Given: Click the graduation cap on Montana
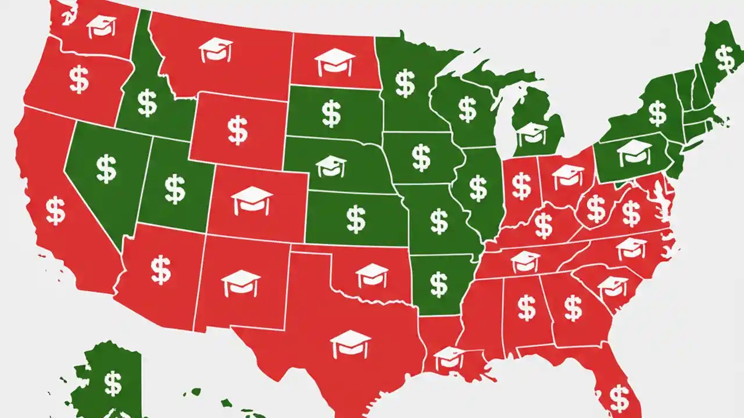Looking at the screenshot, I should click(216, 50).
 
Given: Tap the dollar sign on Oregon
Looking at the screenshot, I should click(79, 80).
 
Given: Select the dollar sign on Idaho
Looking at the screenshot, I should click(146, 103).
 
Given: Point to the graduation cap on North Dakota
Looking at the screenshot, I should click(335, 62).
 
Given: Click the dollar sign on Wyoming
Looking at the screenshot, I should click(237, 130).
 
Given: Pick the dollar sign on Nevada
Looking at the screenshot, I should click(106, 169).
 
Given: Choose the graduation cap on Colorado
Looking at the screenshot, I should click(252, 200).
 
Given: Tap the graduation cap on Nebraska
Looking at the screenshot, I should click(331, 166).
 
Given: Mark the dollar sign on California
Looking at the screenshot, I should click(55, 211).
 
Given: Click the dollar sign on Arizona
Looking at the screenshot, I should click(160, 270).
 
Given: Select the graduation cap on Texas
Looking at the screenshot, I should click(350, 344).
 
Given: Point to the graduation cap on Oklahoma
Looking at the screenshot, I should click(371, 275).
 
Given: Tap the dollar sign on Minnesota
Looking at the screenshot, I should click(405, 83).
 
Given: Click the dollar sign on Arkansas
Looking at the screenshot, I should click(439, 284).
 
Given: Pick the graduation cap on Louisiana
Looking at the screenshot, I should click(449, 357).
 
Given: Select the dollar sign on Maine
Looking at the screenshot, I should click(724, 57).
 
